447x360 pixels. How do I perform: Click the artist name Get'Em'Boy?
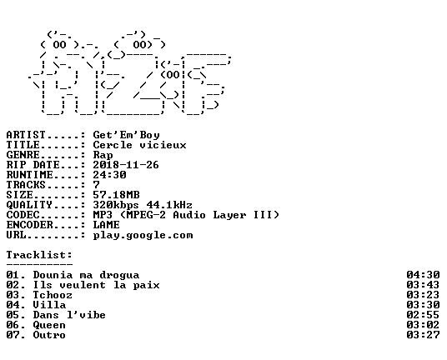pyautogui.click(x=126, y=135)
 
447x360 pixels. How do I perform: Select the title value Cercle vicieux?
pyautogui.click(x=140, y=145)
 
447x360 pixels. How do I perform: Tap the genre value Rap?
pyautogui.click(x=103, y=156)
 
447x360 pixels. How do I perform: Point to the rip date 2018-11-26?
pyautogui.click(x=126, y=165)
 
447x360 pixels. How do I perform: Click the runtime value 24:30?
pyautogui.click(x=109, y=175)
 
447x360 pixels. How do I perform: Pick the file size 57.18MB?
pyautogui.click(x=116, y=195)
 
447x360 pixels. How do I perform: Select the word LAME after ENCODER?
pyautogui.click(x=107, y=225)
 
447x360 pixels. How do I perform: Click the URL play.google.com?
pyautogui.click(x=143, y=236)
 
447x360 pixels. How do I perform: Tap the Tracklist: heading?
pyautogui.click(x=39, y=255)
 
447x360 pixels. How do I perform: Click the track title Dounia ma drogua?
pyautogui.click(x=86, y=275)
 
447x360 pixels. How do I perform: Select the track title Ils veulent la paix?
pyautogui.click(x=97, y=285)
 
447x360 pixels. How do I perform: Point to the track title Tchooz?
pyautogui.click(x=53, y=295)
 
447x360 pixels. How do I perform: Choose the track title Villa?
pyautogui.click(x=49, y=305)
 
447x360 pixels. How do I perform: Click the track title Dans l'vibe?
pyautogui.click(x=69, y=315)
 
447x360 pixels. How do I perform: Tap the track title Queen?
pyautogui.click(x=49, y=325)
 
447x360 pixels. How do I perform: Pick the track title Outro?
pyautogui.click(x=49, y=335)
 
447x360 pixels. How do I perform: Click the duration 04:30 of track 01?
pyautogui.click(x=424, y=275)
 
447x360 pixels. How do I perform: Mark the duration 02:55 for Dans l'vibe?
pyautogui.click(x=424, y=315)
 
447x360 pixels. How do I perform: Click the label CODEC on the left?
pyautogui.click(x=23, y=215)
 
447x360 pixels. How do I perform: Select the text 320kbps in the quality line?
pyautogui.click(x=116, y=205)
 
